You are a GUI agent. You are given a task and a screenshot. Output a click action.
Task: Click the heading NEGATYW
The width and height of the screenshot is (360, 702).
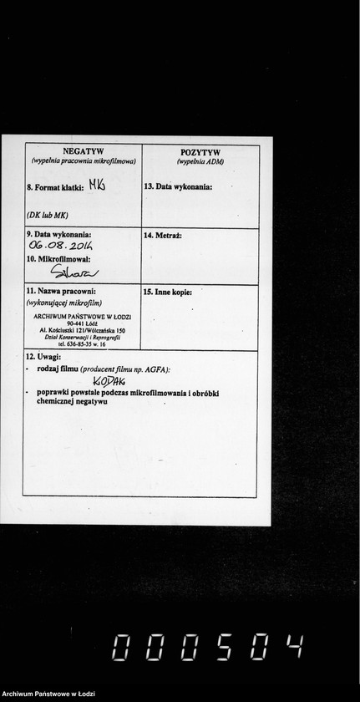point(83,151)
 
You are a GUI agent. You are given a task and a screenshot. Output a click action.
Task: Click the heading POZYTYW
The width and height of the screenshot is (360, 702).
point(200,152)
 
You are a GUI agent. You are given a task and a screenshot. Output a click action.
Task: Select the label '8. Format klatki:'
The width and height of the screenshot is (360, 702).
point(55,188)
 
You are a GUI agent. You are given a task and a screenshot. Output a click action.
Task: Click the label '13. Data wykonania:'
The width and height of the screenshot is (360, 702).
point(178,186)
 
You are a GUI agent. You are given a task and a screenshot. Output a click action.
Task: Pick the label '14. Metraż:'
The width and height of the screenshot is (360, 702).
point(163,237)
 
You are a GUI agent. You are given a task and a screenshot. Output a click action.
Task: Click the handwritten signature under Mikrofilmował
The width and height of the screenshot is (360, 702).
point(74,272)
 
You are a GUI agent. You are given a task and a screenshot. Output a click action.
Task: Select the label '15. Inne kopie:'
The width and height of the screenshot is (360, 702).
point(168,292)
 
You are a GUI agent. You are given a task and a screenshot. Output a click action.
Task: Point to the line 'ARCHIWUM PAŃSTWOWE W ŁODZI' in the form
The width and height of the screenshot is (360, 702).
point(82,317)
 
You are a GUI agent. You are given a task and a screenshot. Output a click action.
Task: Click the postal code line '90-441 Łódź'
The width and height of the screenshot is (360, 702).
point(83,324)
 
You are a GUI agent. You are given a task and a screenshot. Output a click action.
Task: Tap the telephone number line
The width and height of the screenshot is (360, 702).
point(82,344)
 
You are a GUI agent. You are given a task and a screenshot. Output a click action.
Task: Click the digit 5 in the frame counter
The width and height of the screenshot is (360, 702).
point(223,646)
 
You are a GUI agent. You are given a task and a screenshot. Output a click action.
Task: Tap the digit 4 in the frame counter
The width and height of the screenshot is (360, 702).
point(293,646)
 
